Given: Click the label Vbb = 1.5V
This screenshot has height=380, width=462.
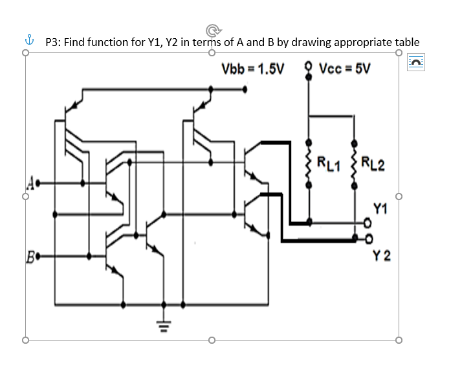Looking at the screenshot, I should (x=252, y=69).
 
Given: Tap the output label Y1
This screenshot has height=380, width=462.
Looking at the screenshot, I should (x=381, y=208).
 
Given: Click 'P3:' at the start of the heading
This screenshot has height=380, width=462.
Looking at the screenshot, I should (x=55, y=42).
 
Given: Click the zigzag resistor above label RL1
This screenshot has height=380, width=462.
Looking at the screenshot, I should (x=309, y=162).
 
